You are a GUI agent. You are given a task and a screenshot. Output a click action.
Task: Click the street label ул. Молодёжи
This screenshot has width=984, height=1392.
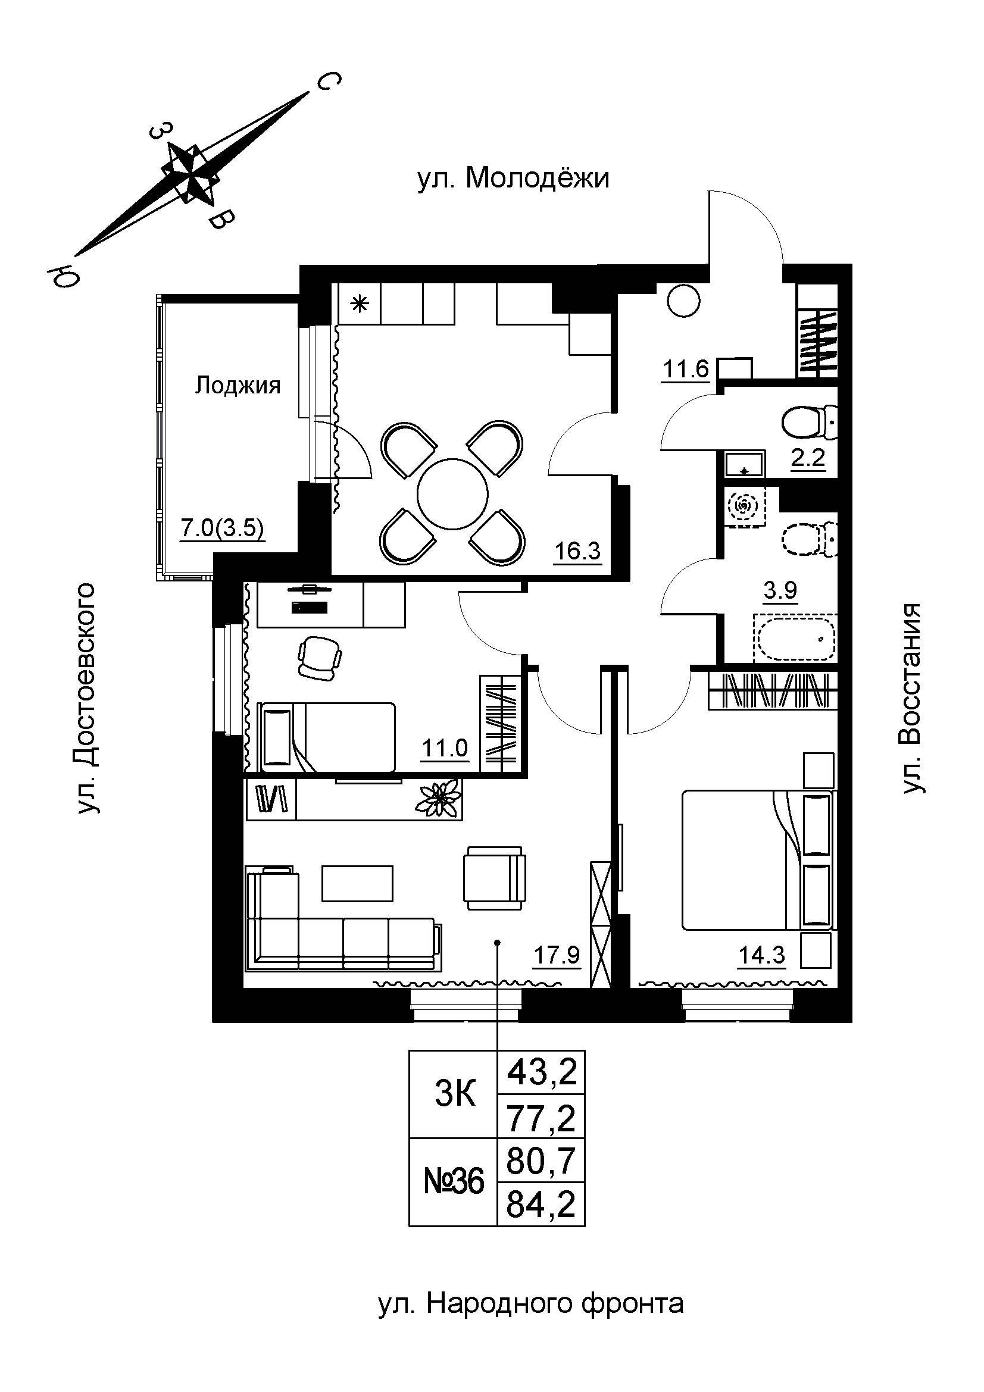click(x=513, y=180)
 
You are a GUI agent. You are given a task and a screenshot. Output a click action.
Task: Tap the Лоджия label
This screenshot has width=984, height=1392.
click(x=238, y=385)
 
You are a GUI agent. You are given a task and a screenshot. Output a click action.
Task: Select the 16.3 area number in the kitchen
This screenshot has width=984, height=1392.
click(x=577, y=550)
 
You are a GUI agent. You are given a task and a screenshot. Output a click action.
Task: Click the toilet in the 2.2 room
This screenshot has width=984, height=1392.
click(x=810, y=423)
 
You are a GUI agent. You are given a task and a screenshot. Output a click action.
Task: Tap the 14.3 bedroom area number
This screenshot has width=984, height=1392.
click(x=761, y=956)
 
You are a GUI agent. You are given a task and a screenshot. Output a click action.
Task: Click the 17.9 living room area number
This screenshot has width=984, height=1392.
click(x=557, y=956)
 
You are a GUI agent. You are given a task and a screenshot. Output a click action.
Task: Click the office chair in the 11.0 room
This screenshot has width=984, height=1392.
click(x=319, y=658)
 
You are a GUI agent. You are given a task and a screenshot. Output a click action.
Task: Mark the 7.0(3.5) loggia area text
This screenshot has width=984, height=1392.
click(x=223, y=528)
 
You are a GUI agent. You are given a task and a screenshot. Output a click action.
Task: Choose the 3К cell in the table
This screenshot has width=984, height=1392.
click(x=455, y=1095)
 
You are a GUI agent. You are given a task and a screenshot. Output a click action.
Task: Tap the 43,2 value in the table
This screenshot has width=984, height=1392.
click(x=541, y=1073)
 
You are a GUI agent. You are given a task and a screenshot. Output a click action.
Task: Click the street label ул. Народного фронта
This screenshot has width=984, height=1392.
click(x=530, y=1303)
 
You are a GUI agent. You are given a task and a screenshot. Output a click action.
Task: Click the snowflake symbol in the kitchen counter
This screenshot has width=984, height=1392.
click(x=360, y=304)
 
